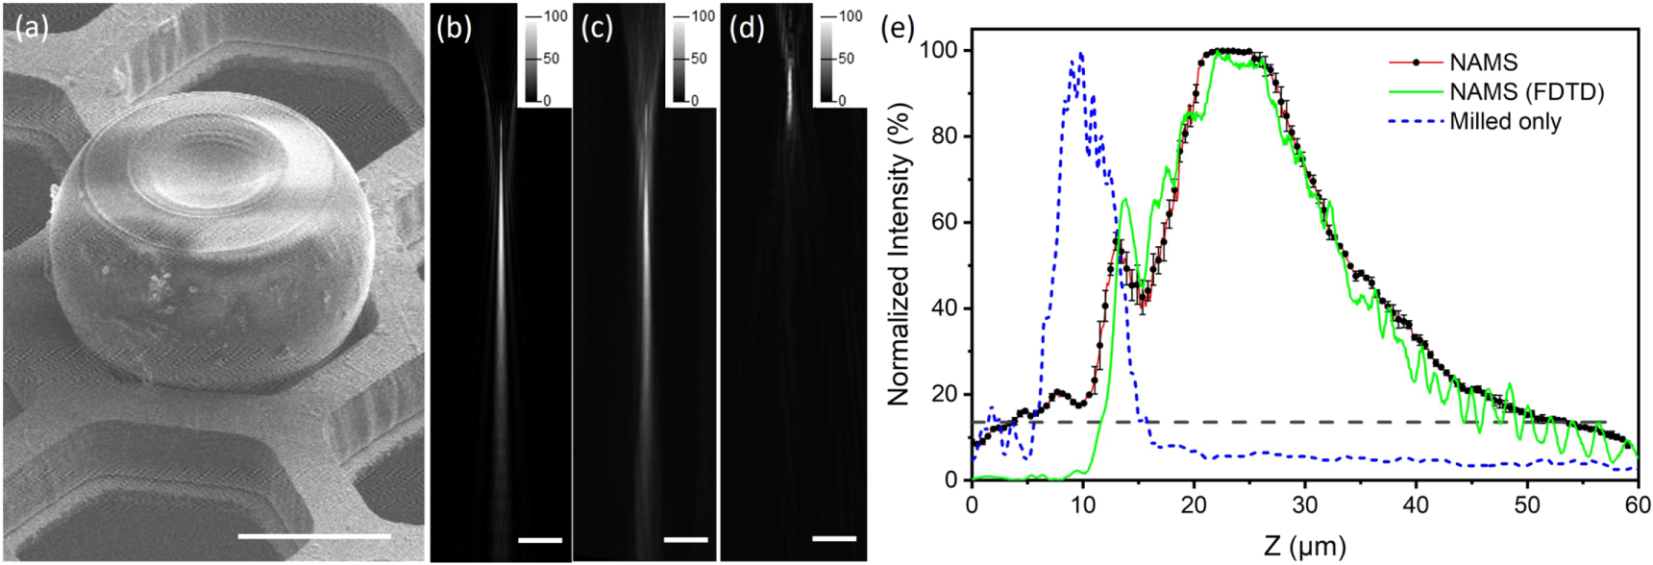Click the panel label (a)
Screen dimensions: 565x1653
pos(32,30)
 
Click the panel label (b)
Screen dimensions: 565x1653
pos(454,29)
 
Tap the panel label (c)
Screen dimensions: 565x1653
pos(598,29)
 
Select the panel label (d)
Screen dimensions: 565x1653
pos(747,29)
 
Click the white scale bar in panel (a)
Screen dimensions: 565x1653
pos(314,535)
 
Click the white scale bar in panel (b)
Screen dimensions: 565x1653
pos(540,540)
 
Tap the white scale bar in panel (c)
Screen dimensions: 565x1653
pos(686,539)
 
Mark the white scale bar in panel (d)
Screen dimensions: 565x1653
pos(834,538)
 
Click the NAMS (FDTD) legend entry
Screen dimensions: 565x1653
pos(1526,92)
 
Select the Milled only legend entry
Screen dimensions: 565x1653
pos(1505,122)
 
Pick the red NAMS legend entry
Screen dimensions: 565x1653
pos(1483,62)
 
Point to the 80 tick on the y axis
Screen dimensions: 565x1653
pos(944,136)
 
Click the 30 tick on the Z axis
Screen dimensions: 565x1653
pos(1305,504)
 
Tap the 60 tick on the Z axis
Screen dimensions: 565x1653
pos(1638,504)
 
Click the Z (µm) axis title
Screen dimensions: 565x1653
pos(1305,546)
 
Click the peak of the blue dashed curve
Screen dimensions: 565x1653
pos(1082,54)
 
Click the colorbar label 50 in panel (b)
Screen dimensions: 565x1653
pos(552,59)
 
